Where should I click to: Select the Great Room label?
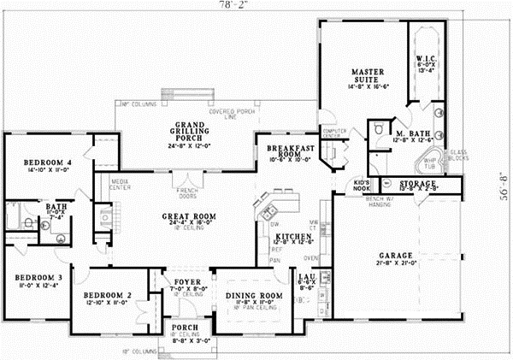pyautogui.click(x=180, y=216)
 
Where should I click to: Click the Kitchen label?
pyautogui.click(x=292, y=235)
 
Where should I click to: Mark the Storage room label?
pyautogui.click(x=418, y=183)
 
